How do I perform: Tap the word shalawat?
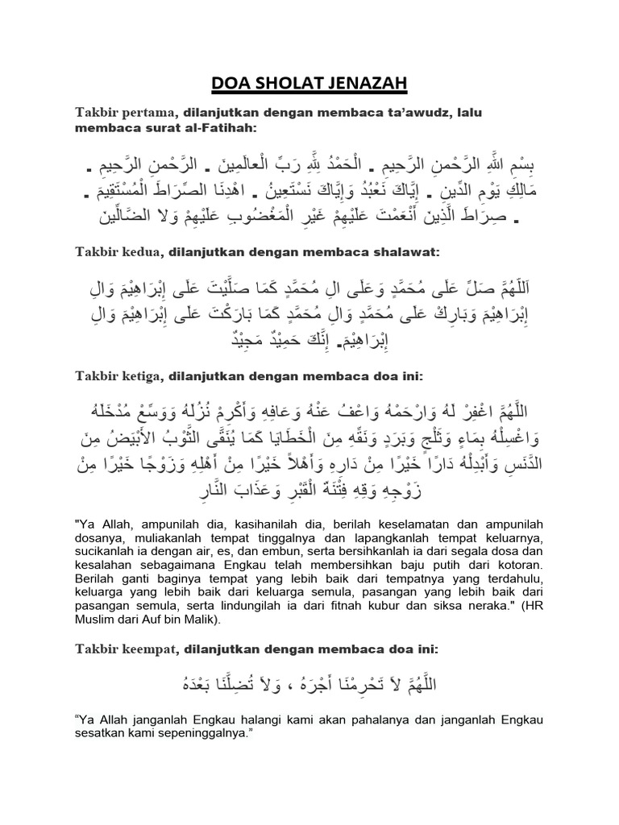(x=402, y=254)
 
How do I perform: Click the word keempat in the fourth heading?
(x=150, y=648)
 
